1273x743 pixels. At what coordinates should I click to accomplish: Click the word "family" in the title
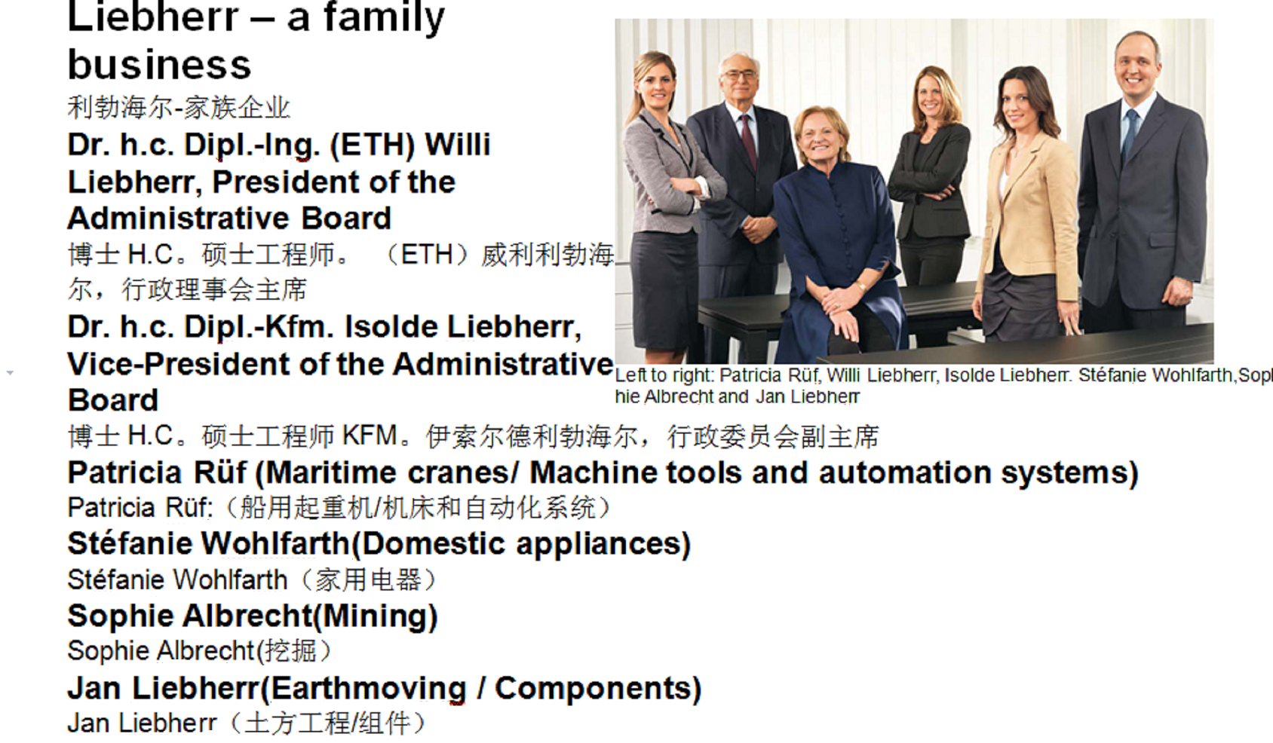point(385,18)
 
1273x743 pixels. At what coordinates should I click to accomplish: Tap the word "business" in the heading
point(160,64)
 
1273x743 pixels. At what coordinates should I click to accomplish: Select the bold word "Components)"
point(599,689)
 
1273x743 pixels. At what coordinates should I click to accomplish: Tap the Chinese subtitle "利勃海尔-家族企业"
point(179,107)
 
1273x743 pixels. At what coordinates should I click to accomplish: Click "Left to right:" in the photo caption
point(664,375)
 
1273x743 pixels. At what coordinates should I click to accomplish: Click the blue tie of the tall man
point(1130,135)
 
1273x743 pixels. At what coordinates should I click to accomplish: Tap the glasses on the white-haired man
point(739,75)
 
